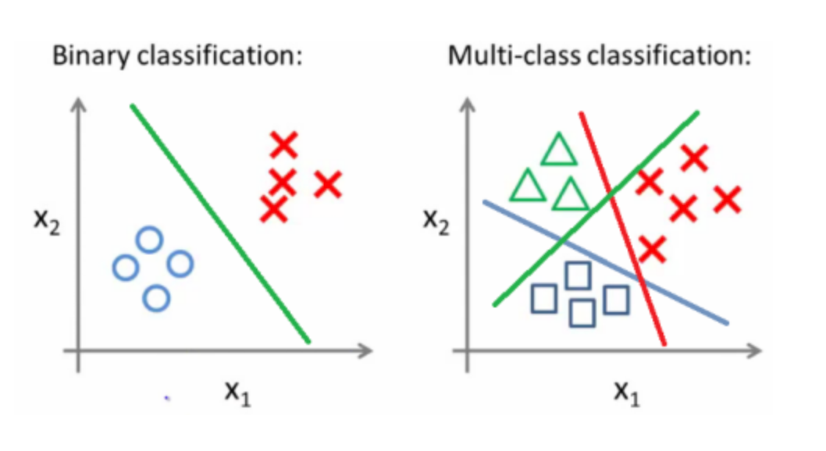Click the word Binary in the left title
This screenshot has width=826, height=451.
pyautogui.click(x=82, y=58)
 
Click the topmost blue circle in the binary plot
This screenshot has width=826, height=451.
pyautogui.click(x=150, y=240)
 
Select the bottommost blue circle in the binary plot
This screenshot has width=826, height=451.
pyautogui.click(x=157, y=297)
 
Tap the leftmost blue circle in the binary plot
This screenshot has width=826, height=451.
pyautogui.click(x=125, y=268)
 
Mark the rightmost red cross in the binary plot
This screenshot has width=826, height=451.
pyautogui.click(x=329, y=184)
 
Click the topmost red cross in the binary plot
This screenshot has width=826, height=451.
pyautogui.click(x=284, y=144)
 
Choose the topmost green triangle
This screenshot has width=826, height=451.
pyautogui.click(x=559, y=151)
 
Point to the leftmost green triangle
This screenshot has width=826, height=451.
pyautogui.click(x=528, y=186)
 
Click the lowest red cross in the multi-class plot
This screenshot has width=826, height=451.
pyautogui.click(x=653, y=249)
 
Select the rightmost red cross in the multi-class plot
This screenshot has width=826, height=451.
pyautogui.click(x=728, y=200)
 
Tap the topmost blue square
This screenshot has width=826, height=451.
pyautogui.click(x=577, y=275)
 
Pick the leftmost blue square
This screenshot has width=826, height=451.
pyautogui.click(x=543, y=297)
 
